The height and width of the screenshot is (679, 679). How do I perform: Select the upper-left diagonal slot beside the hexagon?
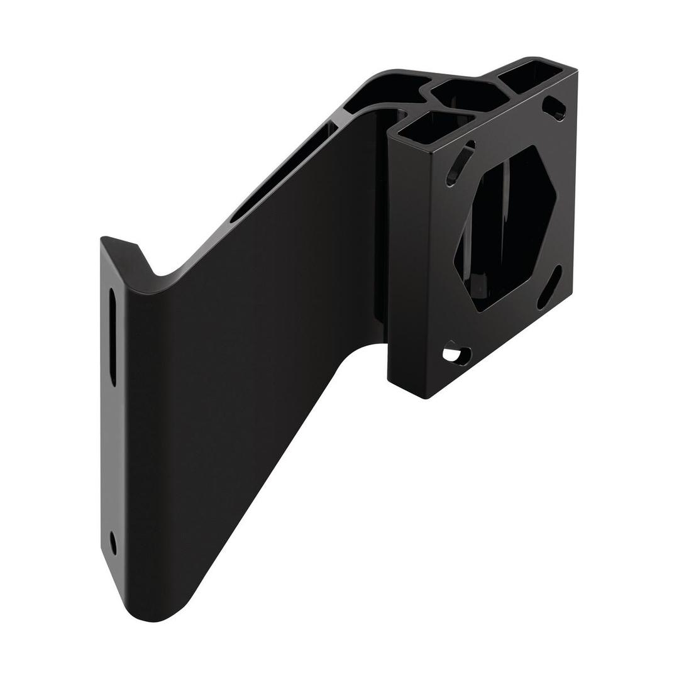tap(460, 163)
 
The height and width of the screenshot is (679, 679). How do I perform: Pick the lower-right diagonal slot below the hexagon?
tap(549, 287)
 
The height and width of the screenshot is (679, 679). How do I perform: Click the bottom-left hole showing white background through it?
tap(458, 355)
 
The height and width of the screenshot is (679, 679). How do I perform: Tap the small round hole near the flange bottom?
tap(113, 542)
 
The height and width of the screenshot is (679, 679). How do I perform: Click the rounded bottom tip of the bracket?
tap(151, 616)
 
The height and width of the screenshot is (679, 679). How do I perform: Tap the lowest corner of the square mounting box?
tap(426, 398)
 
